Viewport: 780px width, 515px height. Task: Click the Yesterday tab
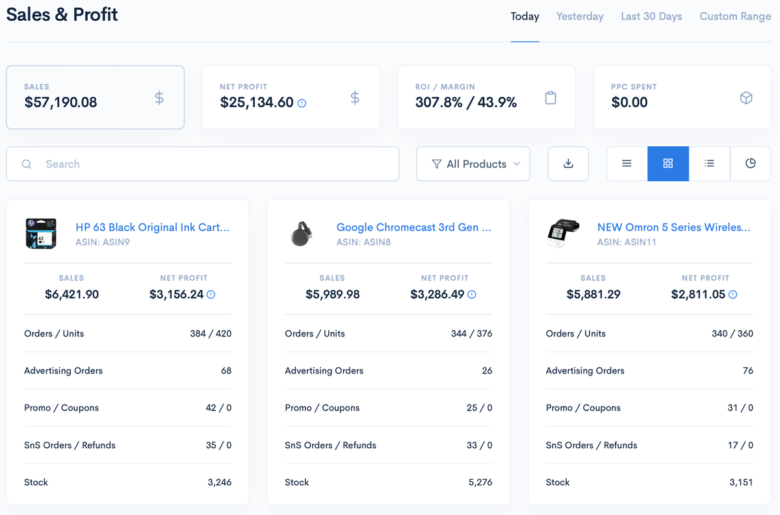click(x=580, y=17)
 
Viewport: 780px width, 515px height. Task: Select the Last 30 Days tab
click(x=651, y=17)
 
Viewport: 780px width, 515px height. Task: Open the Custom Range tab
click(x=735, y=17)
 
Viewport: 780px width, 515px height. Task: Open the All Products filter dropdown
click(x=473, y=164)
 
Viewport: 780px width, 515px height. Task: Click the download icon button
click(x=568, y=164)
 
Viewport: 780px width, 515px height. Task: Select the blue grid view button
click(x=668, y=164)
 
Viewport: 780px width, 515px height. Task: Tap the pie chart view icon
click(x=750, y=164)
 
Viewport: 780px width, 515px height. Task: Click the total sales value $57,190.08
click(x=60, y=103)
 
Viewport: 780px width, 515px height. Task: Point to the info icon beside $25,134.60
click(x=302, y=103)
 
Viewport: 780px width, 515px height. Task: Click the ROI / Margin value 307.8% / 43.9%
click(x=466, y=103)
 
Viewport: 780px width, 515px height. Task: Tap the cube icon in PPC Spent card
click(x=746, y=98)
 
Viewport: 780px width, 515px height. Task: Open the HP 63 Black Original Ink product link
click(x=152, y=227)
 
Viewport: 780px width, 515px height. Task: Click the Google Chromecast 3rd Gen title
click(x=413, y=227)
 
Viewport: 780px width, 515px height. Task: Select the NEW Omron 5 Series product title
click(x=673, y=227)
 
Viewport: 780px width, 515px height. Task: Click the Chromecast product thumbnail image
click(x=302, y=234)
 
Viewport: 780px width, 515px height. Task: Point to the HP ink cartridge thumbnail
click(x=41, y=234)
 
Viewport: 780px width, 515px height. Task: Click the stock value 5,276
click(x=480, y=483)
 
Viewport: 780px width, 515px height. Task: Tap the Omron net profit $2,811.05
click(x=698, y=295)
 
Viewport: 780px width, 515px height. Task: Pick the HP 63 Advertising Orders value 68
click(x=226, y=371)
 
